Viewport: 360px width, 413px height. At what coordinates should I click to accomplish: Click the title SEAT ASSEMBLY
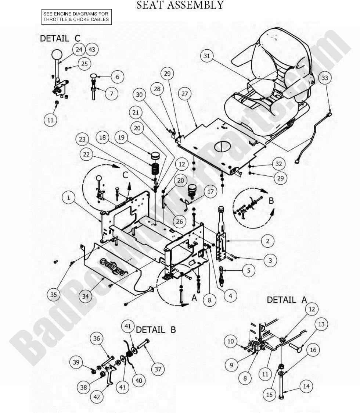click(x=180, y=5)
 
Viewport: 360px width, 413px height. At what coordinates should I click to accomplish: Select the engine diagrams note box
click(x=76, y=17)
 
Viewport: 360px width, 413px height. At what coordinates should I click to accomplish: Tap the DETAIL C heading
click(x=60, y=38)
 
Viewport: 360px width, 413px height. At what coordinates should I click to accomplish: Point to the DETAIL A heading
click(x=287, y=300)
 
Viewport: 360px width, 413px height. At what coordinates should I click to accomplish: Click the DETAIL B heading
click(x=156, y=330)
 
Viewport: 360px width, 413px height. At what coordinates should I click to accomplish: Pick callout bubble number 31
click(x=207, y=56)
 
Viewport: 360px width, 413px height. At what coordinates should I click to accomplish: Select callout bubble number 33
click(x=325, y=78)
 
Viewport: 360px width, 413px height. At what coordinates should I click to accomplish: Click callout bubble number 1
click(x=68, y=198)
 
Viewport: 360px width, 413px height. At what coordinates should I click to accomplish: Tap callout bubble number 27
click(x=184, y=94)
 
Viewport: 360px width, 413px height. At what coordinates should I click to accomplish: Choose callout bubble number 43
click(x=91, y=49)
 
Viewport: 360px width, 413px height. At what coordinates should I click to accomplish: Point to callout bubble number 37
click(x=158, y=369)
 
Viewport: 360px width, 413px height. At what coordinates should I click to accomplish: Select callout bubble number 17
click(x=210, y=192)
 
